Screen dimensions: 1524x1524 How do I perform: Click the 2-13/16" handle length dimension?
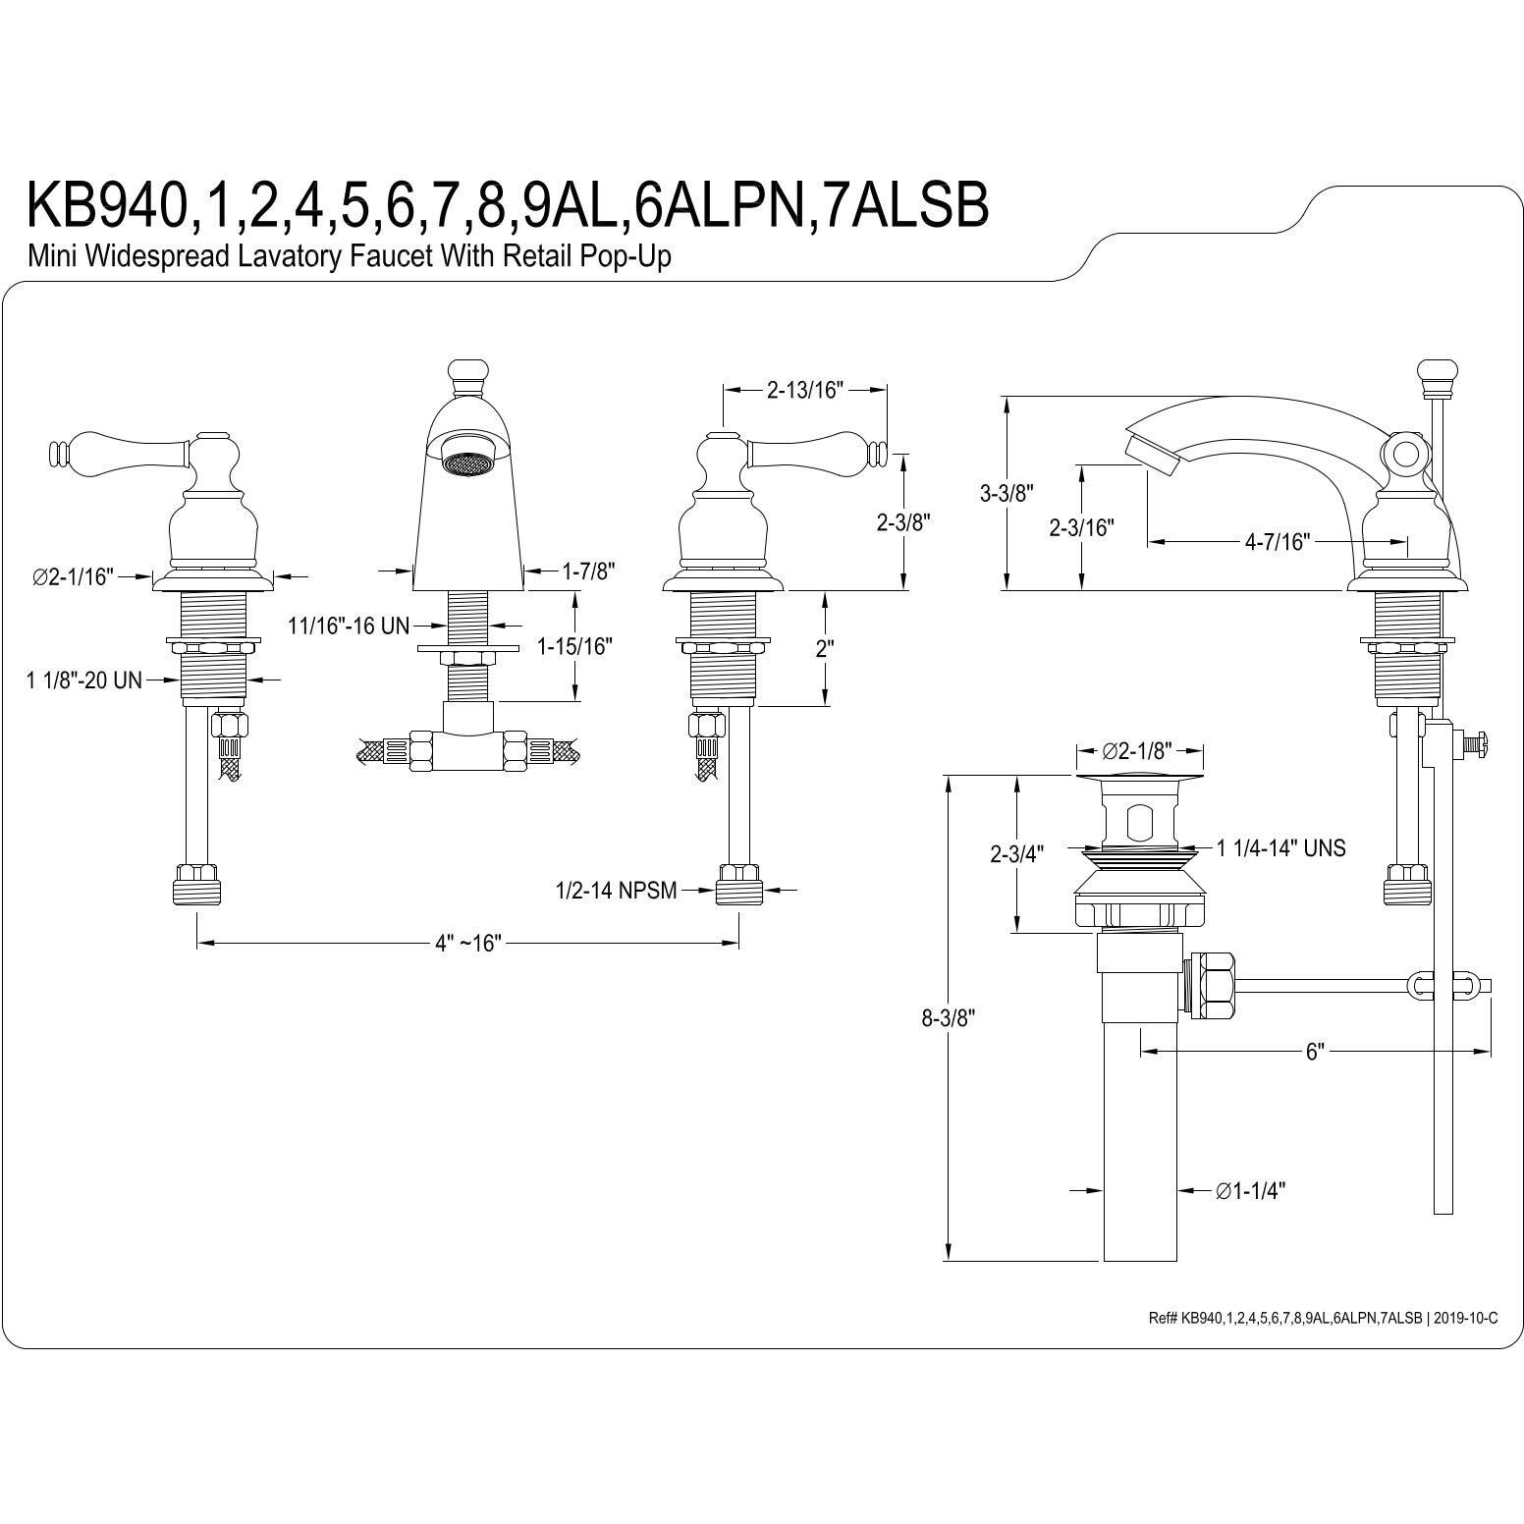pyautogui.click(x=805, y=390)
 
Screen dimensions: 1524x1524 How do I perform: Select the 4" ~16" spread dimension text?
pyautogui.click(x=468, y=943)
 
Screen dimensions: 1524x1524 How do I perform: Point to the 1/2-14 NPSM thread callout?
pyautogui.click(x=616, y=891)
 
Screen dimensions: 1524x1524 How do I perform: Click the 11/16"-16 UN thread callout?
pyautogui.click(x=349, y=626)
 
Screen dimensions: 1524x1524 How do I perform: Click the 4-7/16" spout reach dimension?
pyautogui.click(x=1278, y=541)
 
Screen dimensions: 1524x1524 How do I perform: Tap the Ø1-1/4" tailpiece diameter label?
pyautogui.click(x=1250, y=1191)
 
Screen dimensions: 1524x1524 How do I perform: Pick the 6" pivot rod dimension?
pyautogui.click(x=1315, y=1053)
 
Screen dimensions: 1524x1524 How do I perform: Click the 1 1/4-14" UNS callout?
pyautogui.click(x=1280, y=848)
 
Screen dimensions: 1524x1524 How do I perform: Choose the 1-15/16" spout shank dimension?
pyautogui.click(x=574, y=646)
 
